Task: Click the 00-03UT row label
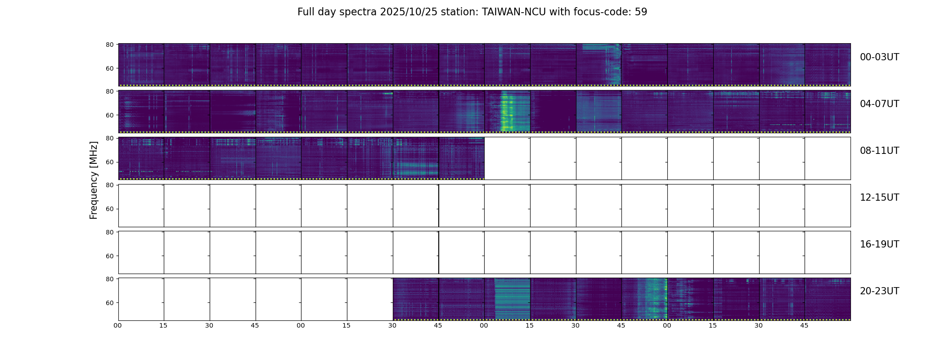[879, 57]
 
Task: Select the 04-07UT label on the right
[879, 104]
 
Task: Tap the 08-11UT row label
[879, 151]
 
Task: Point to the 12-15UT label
[879, 198]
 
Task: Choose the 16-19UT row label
[879, 244]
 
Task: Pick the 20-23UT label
[879, 291]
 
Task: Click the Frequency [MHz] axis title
[94, 180]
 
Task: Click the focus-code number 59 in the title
[641, 12]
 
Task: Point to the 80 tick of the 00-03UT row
[109, 45]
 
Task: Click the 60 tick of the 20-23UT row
[109, 303]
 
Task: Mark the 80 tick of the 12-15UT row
[109, 185]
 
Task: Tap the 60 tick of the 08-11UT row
[109, 162]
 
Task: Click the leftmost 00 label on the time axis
[118, 325]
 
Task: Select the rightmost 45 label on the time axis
[804, 325]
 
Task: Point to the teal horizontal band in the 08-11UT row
[416, 169]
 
